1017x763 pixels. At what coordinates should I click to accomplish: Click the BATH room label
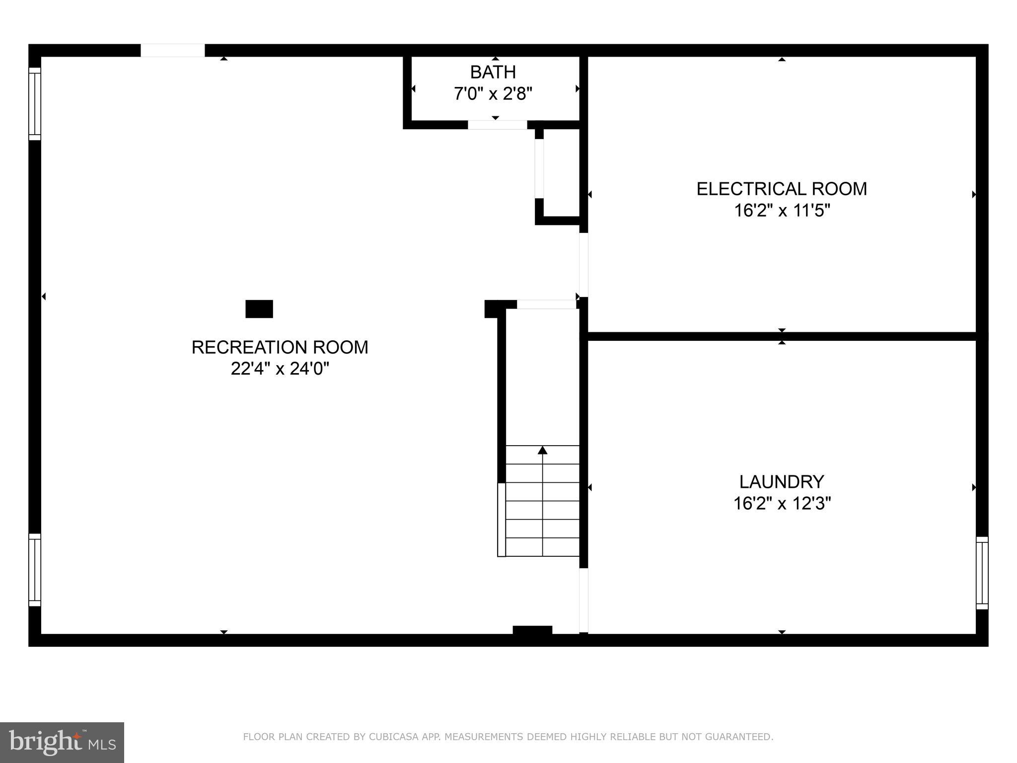click(493, 73)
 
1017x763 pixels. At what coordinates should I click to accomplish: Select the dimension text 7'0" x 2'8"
click(493, 94)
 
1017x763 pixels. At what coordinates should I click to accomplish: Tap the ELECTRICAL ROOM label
click(781, 189)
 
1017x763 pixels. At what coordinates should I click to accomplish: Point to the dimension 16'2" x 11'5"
click(782, 211)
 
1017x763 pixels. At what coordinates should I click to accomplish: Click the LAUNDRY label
click(781, 482)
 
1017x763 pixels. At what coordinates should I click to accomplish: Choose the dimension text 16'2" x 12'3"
click(782, 504)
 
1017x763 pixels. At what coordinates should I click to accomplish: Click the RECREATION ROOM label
click(280, 347)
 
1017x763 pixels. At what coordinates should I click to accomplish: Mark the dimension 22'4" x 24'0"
click(280, 369)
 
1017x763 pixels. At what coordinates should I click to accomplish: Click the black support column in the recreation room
click(259, 309)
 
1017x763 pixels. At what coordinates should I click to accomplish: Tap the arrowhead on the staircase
click(542, 450)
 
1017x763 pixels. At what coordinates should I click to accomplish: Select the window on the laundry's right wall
click(982, 573)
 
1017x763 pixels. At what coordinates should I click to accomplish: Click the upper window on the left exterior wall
click(34, 104)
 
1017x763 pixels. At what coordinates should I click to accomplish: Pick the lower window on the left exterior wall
click(34, 570)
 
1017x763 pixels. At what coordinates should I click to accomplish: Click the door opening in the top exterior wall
click(172, 50)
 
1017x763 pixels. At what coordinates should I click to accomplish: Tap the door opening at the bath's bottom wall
click(497, 125)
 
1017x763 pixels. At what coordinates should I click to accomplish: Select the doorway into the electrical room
click(583, 264)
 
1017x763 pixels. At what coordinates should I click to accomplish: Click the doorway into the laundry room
click(583, 600)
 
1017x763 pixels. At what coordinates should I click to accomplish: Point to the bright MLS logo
click(62, 742)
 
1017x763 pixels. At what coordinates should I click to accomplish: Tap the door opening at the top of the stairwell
click(546, 305)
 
